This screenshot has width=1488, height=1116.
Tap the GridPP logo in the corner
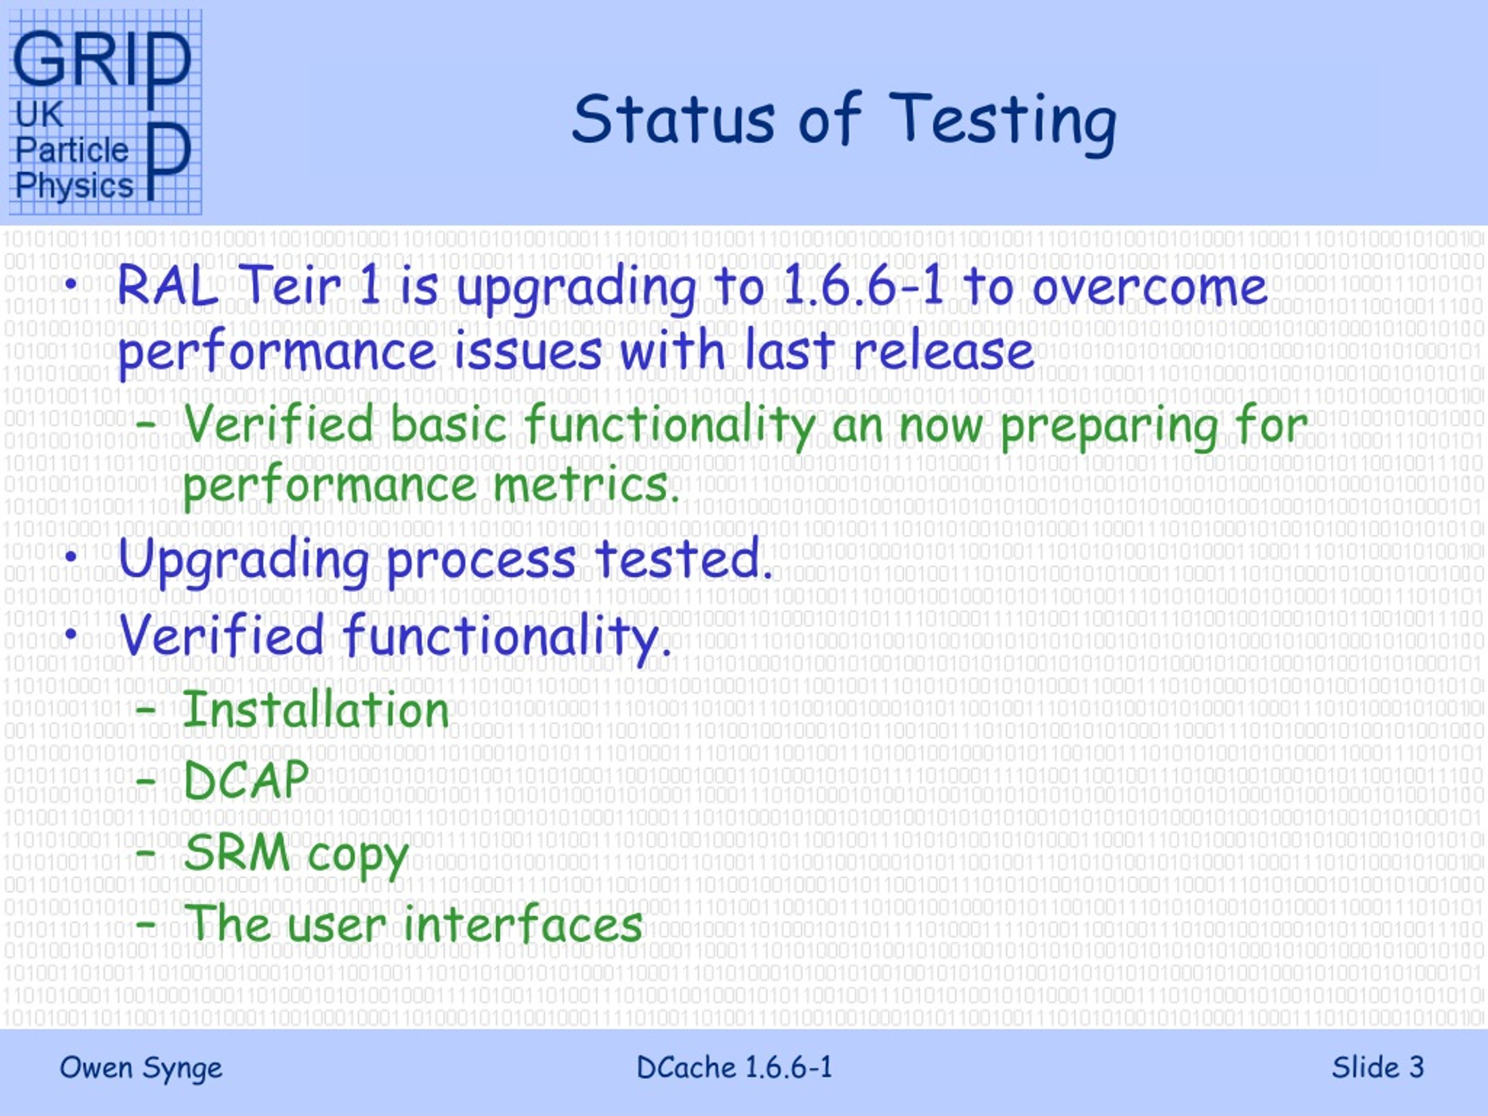click(x=105, y=112)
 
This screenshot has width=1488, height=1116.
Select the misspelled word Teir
click(x=289, y=285)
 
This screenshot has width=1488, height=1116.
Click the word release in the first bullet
click(x=944, y=350)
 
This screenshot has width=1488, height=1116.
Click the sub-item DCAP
click(x=246, y=780)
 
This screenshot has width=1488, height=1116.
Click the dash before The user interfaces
click(x=146, y=925)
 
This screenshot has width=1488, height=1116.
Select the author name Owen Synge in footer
click(x=141, y=1068)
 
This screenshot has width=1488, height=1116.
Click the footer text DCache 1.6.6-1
click(x=734, y=1067)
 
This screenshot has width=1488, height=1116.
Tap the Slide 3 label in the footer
click(x=1378, y=1067)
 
